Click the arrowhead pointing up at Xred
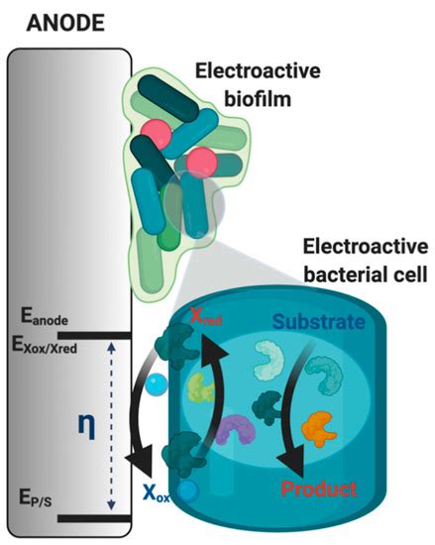click(211, 342)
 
